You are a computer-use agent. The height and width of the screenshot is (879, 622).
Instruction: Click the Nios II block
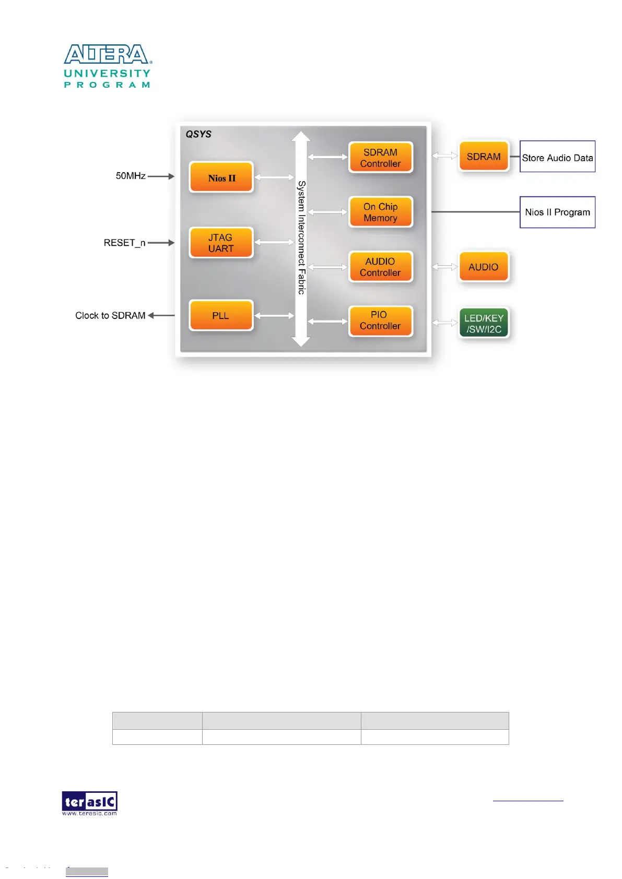(221, 177)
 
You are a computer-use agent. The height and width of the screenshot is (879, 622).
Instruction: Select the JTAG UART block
(221, 243)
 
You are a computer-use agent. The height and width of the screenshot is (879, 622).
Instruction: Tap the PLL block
(221, 315)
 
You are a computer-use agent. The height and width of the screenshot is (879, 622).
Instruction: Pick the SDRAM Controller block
(380, 158)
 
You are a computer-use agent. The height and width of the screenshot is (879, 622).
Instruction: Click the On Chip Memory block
(380, 212)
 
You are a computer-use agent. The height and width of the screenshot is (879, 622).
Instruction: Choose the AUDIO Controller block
(380, 267)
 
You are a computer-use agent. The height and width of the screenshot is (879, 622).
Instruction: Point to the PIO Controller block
(380, 320)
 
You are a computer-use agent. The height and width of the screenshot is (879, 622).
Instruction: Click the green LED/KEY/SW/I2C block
(484, 324)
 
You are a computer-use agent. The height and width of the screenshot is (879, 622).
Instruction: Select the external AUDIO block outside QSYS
(484, 267)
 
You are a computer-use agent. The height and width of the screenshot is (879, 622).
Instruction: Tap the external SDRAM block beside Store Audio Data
(484, 157)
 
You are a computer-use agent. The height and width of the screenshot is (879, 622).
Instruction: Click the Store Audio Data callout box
(557, 157)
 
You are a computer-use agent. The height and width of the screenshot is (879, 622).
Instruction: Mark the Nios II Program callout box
(557, 212)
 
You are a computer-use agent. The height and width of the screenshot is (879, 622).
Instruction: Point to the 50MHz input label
(131, 176)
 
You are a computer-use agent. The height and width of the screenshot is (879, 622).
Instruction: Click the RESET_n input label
(124, 243)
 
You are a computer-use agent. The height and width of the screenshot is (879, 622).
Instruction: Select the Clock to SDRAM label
(110, 315)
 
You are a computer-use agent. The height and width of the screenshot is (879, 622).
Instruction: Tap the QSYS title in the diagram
(198, 134)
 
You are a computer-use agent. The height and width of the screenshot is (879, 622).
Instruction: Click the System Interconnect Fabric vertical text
(301, 237)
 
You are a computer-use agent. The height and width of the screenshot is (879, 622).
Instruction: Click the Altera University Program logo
(108, 66)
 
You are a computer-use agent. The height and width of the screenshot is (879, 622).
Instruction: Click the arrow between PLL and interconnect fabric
(274, 316)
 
